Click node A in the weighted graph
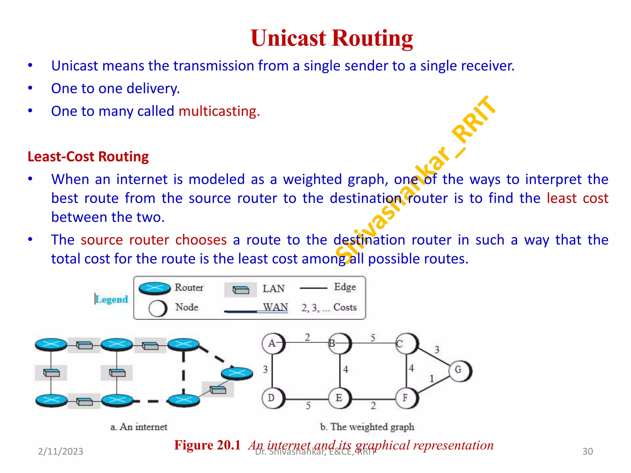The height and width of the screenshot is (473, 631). pyautogui.click(x=272, y=343)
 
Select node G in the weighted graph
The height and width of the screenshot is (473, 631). pyautogui.click(x=459, y=370)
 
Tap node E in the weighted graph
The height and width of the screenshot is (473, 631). pyautogui.click(x=339, y=398)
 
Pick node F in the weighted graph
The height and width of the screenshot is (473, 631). pyautogui.click(x=406, y=398)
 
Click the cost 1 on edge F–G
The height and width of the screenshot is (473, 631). pyautogui.click(x=431, y=378)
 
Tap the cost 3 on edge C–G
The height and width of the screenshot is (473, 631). pyautogui.click(x=437, y=350)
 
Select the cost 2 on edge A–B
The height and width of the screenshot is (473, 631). pyautogui.click(x=307, y=337)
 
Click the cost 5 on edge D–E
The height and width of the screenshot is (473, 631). pyautogui.click(x=308, y=406)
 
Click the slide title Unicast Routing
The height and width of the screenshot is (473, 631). pyautogui.click(x=332, y=38)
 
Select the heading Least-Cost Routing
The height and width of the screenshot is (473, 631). pyautogui.click(x=88, y=156)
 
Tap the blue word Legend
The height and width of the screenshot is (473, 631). pyautogui.click(x=112, y=299)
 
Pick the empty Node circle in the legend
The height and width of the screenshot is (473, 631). pyautogui.click(x=158, y=308)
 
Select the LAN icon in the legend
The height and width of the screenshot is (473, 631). pyautogui.click(x=241, y=290)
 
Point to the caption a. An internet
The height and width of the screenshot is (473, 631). pyautogui.click(x=139, y=427)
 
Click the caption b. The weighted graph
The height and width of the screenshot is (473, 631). pyautogui.click(x=367, y=427)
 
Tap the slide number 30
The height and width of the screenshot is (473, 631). pyautogui.click(x=587, y=451)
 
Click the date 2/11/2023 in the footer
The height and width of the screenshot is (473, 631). pyautogui.click(x=60, y=451)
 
